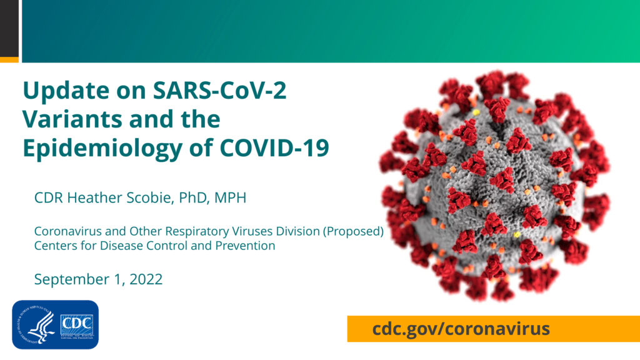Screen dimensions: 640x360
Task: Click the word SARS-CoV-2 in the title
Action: click(219, 90)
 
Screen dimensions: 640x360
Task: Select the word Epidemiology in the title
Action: click(102, 149)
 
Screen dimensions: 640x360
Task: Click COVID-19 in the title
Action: click(274, 147)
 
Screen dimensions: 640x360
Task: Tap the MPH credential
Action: click(230, 197)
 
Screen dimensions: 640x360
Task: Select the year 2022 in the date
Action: click(146, 279)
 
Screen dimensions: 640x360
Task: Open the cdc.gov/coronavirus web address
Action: click(461, 328)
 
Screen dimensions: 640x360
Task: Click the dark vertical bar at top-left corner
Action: click(9, 29)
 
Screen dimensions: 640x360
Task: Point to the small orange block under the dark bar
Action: click(9, 60)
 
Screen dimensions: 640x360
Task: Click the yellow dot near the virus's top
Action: click(476, 112)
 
